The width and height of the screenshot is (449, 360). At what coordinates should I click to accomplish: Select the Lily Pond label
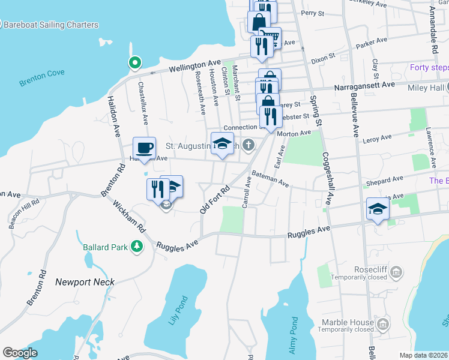coord(179,310)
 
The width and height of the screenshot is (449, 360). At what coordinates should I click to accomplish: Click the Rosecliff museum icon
coord(396,274)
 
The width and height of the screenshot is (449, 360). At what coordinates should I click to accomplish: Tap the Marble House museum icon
coord(382,325)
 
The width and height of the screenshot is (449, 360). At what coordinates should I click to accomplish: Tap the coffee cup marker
coord(144,147)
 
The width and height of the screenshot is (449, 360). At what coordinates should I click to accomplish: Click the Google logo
coord(20,353)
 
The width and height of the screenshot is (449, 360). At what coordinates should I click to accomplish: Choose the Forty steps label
coord(429,67)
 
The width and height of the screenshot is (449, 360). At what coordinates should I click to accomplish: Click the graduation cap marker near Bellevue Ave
coord(377,209)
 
